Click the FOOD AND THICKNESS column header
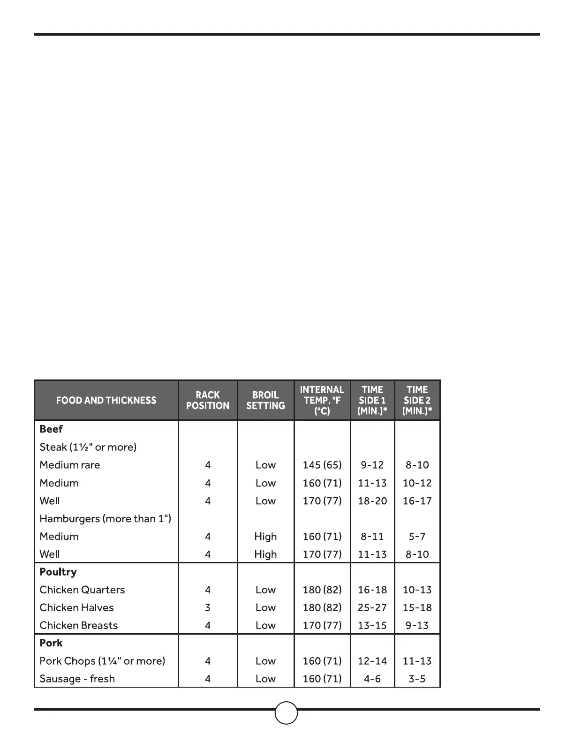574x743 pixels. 106,400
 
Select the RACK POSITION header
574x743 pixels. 208,400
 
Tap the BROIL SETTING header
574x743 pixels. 265,400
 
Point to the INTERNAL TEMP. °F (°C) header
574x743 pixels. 322,400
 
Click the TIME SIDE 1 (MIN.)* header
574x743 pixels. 372,400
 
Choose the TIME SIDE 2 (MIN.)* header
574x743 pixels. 417,400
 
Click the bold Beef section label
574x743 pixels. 51,429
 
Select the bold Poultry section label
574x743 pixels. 58,572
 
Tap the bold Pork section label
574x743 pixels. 51,643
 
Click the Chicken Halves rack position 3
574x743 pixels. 208,607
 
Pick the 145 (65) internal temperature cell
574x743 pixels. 322,465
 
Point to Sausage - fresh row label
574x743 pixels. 77,679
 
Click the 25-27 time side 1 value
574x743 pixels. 372,607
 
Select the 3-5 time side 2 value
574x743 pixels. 417,679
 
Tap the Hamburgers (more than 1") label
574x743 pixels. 106,518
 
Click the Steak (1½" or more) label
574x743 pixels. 88,447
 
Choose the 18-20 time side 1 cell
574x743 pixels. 372,500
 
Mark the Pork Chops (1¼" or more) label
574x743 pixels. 102,661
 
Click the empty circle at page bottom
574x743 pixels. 286,713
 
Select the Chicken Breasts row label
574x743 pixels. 79,625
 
